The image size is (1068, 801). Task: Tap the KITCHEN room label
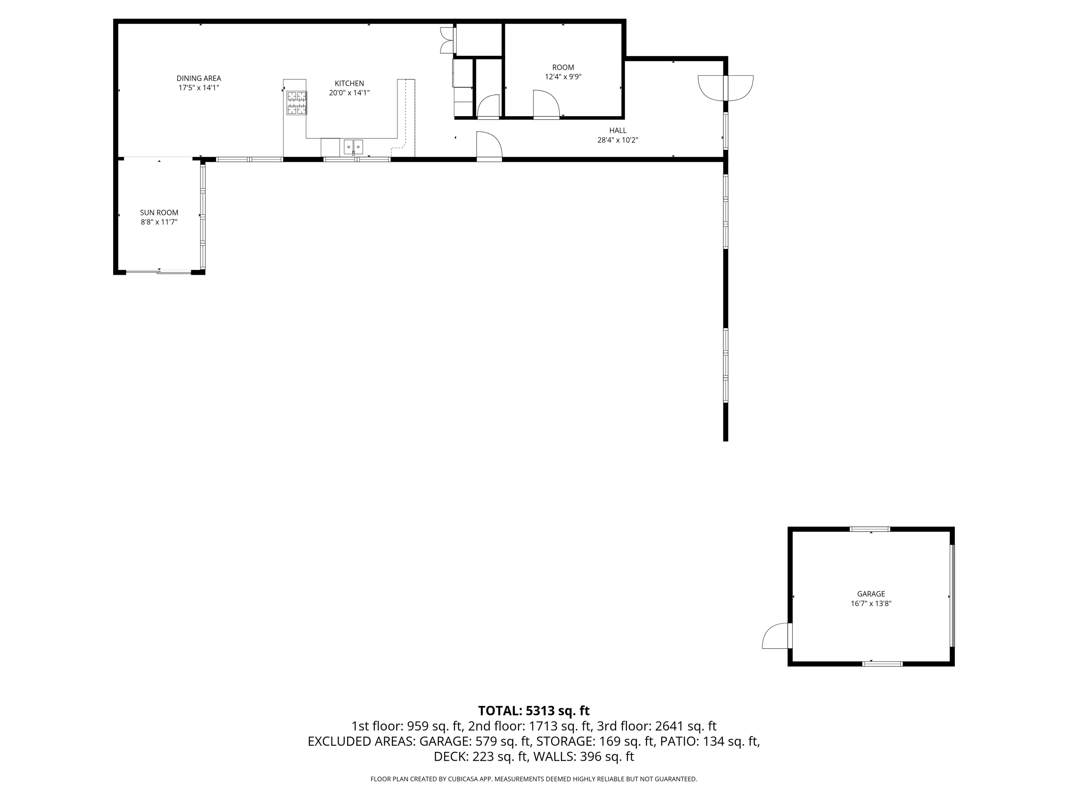coord(349,84)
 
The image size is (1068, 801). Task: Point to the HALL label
coord(618,130)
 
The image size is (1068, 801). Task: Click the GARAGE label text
coord(871,594)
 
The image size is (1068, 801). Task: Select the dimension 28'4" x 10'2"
coord(618,140)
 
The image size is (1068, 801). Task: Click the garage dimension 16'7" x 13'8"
coord(871,603)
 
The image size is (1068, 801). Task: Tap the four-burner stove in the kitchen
coord(297,103)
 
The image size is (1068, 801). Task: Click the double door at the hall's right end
coord(726,88)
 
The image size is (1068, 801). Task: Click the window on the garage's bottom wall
coord(883,664)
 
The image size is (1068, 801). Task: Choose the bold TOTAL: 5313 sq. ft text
coord(534,711)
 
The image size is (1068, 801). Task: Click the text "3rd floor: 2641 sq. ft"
coord(656,726)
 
